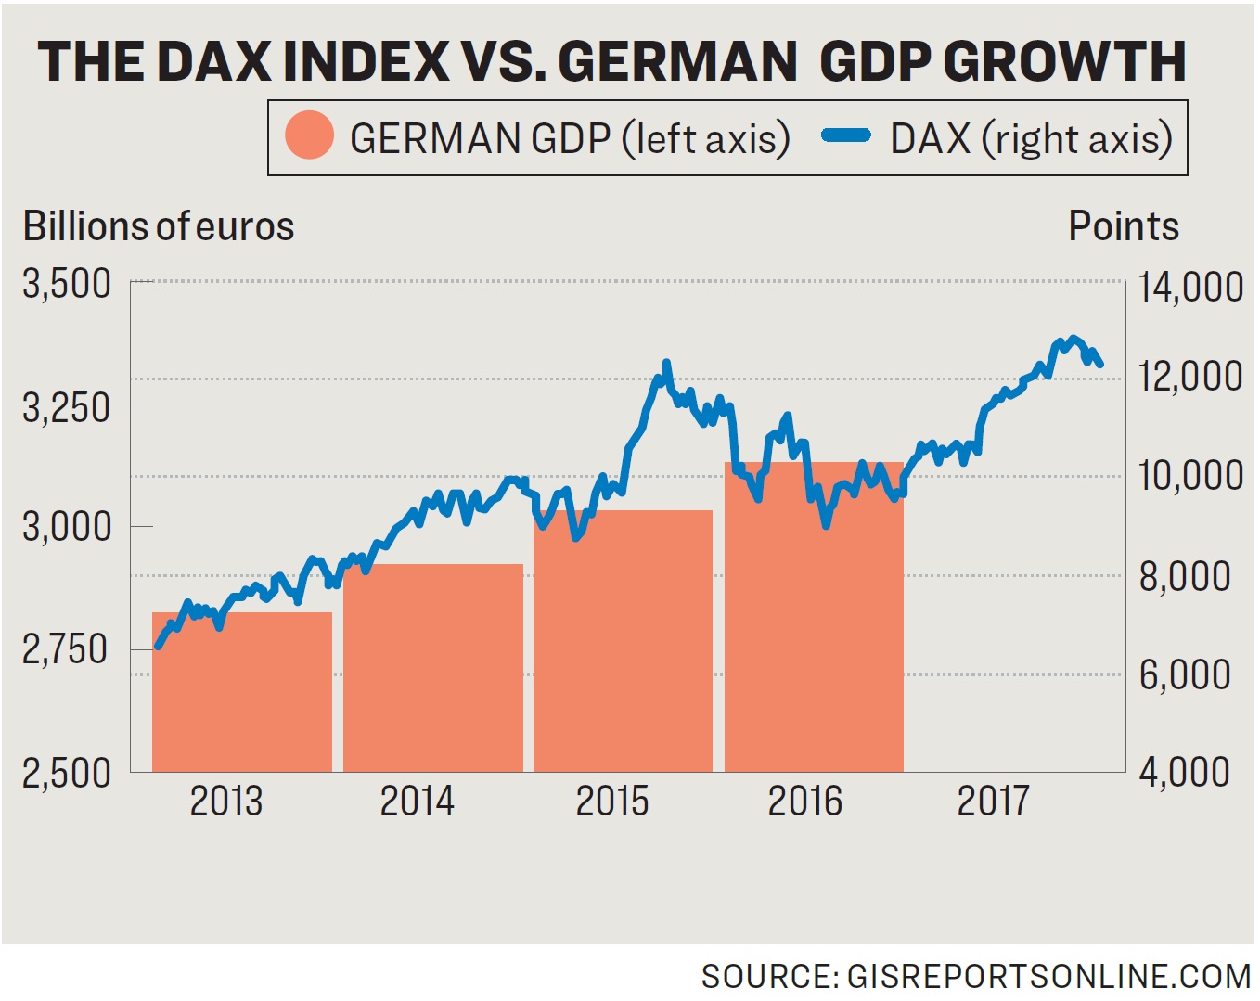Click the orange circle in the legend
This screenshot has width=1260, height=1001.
point(309,136)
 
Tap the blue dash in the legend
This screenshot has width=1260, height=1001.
point(845,136)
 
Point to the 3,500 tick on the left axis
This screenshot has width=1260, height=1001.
point(67,284)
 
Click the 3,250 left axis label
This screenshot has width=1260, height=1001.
point(67,406)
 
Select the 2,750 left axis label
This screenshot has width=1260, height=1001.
point(67,649)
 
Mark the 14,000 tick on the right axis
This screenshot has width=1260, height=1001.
point(1190,287)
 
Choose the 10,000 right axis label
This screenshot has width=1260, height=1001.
point(1190,475)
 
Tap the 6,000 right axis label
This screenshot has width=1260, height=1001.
point(1185,674)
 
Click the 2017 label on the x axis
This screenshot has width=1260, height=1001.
point(994,801)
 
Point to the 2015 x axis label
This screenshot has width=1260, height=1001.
point(612,801)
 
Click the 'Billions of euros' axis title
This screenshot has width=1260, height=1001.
point(159,226)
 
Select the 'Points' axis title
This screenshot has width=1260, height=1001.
point(1124,226)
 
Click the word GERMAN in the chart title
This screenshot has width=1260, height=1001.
point(677,61)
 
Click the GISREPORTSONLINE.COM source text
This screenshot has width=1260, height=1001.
point(1049,977)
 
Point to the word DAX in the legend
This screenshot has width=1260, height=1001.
point(930,139)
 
